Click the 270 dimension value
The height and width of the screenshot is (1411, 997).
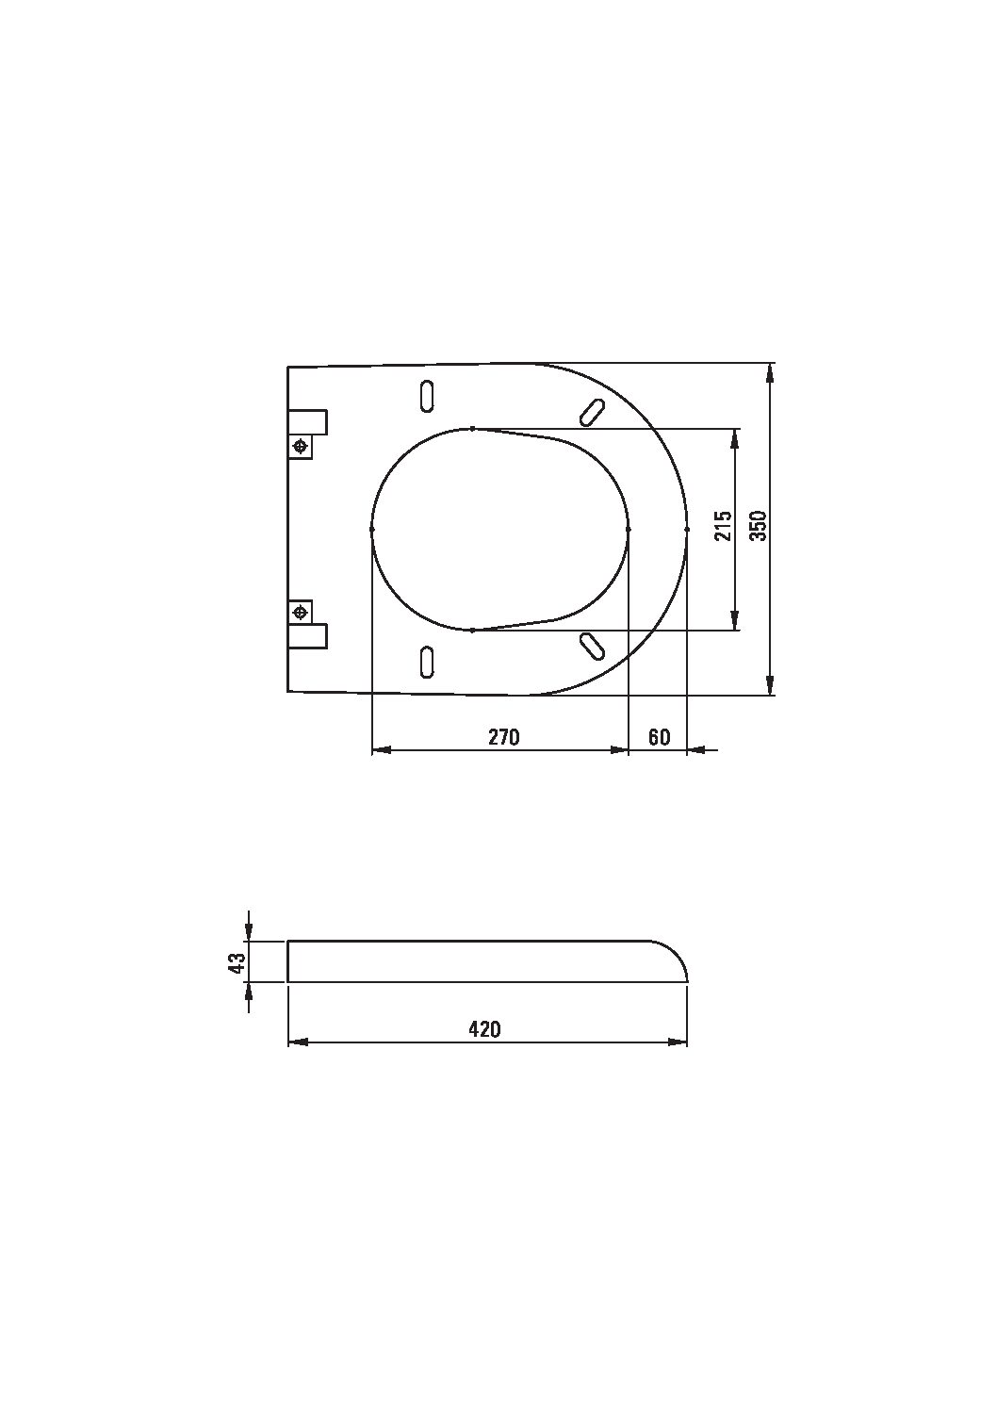[x=504, y=737]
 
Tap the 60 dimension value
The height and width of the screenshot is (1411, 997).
[x=659, y=737]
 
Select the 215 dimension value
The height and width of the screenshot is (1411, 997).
[x=724, y=525]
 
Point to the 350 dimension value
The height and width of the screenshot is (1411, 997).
[x=760, y=525]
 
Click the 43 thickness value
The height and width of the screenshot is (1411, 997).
[x=237, y=963]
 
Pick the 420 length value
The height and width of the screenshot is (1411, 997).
[x=485, y=1029]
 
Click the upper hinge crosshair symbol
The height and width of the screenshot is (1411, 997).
[x=301, y=447]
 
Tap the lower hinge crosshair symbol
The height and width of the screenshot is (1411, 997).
[x=301, y=612]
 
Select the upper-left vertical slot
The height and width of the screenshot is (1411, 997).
[x=427, y=397]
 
